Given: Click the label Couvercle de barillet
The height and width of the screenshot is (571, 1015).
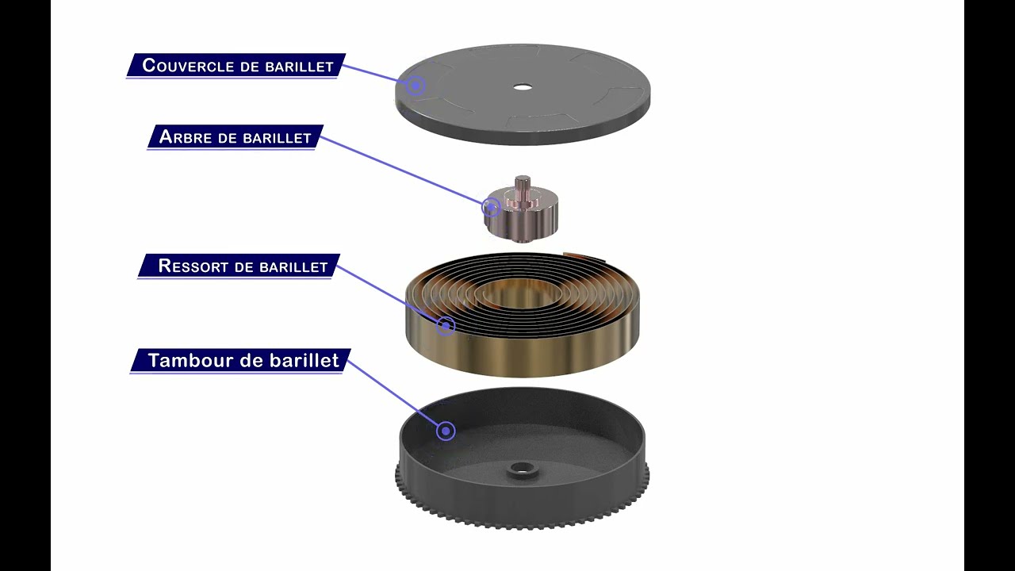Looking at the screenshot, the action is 238,66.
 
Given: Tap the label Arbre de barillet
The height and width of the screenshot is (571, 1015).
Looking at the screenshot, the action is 236,137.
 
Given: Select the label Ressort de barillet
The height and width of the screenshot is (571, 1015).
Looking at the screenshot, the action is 243,266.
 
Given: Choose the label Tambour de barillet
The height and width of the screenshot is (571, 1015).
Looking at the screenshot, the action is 243,361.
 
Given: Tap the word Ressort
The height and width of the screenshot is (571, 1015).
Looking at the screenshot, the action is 194,266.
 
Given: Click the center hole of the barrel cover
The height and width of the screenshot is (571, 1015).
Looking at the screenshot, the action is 522,86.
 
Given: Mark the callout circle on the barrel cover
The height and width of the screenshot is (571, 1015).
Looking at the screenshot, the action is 415,85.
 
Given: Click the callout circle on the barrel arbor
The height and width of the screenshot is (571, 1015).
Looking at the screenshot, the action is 491,208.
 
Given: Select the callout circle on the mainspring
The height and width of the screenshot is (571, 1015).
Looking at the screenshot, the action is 446,325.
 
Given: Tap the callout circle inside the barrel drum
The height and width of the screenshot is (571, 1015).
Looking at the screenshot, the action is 446,431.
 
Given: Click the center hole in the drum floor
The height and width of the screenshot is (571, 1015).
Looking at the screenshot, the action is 523,469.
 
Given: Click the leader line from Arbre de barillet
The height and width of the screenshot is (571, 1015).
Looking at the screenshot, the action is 404,171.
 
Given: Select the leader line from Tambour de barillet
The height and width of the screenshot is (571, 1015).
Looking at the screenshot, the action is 394,393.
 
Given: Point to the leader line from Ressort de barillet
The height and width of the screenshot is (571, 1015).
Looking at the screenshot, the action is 389,294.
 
